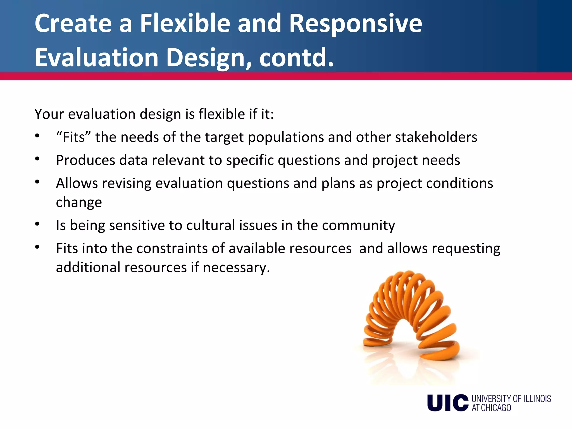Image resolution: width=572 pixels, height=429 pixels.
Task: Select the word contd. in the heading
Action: click(296, 58)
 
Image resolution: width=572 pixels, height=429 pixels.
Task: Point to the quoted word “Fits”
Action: click(73, 137)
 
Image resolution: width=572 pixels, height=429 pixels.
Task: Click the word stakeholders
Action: click(436, 137)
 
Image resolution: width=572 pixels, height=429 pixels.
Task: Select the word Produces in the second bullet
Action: click(85, 161)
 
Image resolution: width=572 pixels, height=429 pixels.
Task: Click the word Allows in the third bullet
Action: click(77, 183)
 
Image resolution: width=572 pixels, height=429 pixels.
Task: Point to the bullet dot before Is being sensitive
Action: click(37, 224)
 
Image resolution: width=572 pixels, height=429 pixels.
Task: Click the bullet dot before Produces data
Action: click(37, 159)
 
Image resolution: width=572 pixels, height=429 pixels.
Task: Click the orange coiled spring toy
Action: click(411, 316)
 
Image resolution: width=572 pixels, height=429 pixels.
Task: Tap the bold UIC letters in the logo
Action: click(447, 403)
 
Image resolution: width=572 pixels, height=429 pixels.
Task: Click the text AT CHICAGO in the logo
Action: click(491, 408)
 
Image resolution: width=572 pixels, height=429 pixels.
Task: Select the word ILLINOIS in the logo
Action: click(537, 399)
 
